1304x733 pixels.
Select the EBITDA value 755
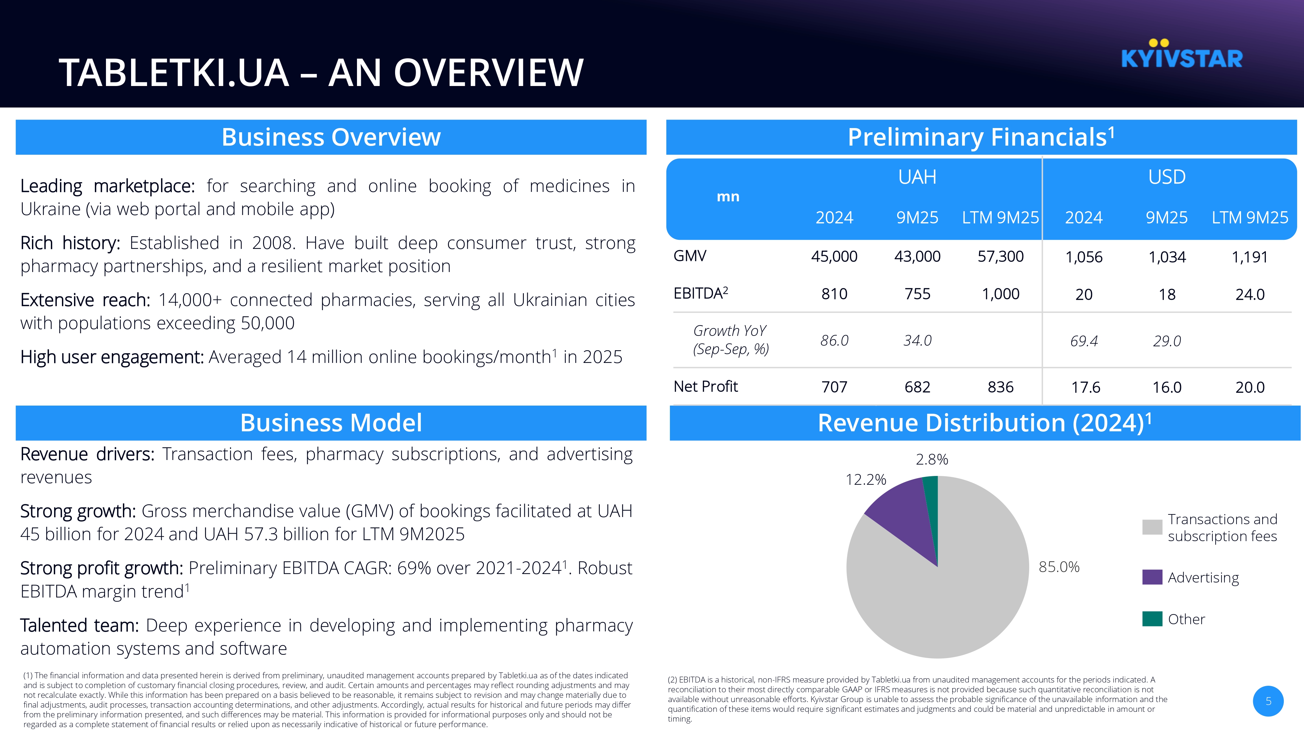917,294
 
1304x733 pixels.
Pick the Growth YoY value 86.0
834,340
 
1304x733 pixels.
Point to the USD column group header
1167,177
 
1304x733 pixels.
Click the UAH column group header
917,177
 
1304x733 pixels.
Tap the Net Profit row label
706,386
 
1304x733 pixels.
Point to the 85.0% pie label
1059,567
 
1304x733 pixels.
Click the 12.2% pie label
866,480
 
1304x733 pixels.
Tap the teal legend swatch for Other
1152,619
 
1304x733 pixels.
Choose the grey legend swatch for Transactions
1152,527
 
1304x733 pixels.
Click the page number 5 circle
1268,701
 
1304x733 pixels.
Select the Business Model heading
331,423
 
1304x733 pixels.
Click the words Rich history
70,243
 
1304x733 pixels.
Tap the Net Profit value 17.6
1085,387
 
